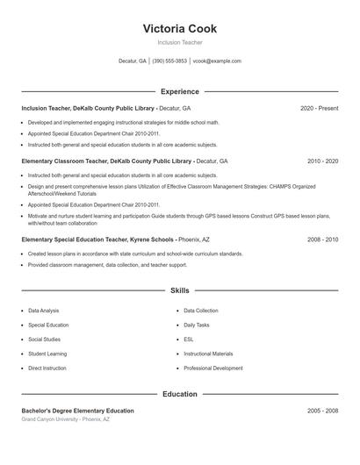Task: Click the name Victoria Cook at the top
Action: (179, 28)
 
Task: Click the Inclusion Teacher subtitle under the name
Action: (179, 42)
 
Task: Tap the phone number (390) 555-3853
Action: (169, 61)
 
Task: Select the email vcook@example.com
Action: (217, 61)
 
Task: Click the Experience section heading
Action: (179, 91)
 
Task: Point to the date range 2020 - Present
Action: (319, 108)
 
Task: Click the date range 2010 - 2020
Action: (322, 161)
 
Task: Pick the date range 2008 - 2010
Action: (322, 239)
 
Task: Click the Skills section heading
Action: (179, 290)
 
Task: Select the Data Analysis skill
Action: (44, 311)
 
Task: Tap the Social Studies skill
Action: (44, 340)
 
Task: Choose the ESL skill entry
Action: (189, 340)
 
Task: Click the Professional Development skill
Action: (213, 368)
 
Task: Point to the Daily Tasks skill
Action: (197, 325)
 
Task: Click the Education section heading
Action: (179, 394)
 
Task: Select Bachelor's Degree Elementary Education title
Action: (78, 411)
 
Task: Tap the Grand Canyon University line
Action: (66, 419)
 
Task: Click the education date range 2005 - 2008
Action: (322, 411)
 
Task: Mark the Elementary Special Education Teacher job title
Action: (78, 239)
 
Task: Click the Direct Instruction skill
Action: (47, 368)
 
